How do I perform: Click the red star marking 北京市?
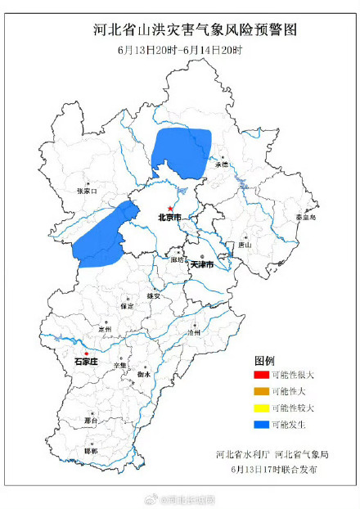coord(170,209)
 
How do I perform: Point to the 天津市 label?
coord(201,266)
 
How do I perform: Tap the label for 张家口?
coord(86,191)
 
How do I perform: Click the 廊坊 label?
coord(179,259)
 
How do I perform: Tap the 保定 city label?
coord(126,305)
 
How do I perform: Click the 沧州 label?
coord(193,334)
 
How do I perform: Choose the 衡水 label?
coord(143,374)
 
